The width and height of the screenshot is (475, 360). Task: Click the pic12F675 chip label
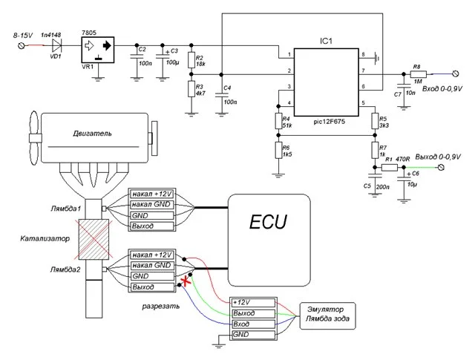[x=329, y=117]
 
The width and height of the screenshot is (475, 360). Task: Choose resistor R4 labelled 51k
[x=278, y=121]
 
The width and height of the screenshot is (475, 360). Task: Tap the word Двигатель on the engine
[x=93, y=134]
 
